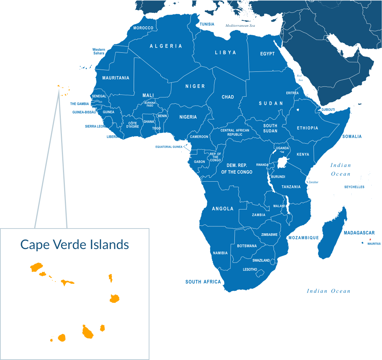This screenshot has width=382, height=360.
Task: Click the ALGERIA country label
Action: click(166, 46)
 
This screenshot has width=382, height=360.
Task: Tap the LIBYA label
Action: click(226, 53)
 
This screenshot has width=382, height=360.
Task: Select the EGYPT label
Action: click(267, 54)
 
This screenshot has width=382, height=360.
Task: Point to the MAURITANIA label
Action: click(116, 78)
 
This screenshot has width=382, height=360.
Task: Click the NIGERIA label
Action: click(188, 117)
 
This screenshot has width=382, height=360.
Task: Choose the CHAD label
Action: click(228, 97)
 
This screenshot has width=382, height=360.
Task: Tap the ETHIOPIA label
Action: click(307, 128)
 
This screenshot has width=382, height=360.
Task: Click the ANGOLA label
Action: click(223, 209)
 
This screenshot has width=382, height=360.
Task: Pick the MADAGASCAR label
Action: click(359, 233)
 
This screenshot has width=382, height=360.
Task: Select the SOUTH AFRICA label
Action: click(203, 282)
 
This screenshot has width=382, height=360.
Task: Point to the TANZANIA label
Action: click(291, 187)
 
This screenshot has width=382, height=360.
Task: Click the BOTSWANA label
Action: click(247, 246)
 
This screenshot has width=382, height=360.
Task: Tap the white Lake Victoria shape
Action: click(282, 162)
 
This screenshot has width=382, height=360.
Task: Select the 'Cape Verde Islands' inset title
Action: click(75, 244)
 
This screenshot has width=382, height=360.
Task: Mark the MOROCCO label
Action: click(143, 28)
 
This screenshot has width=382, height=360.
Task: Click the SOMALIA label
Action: click(352, 137)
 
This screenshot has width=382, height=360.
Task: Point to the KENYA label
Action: click(303, 155)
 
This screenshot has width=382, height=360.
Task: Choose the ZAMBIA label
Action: click(259, 215)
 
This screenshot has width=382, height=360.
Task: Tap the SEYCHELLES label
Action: click(354, 187)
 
